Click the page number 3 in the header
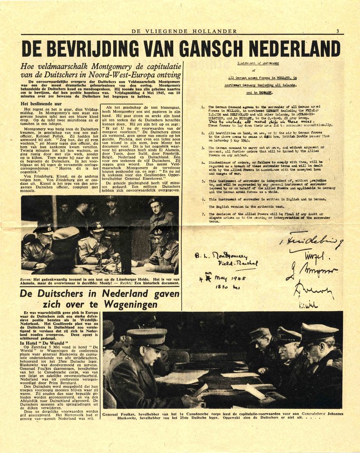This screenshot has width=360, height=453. [337, 31]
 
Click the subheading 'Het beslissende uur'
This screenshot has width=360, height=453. [42, 103]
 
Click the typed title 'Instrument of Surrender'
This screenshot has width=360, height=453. [258, 63]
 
